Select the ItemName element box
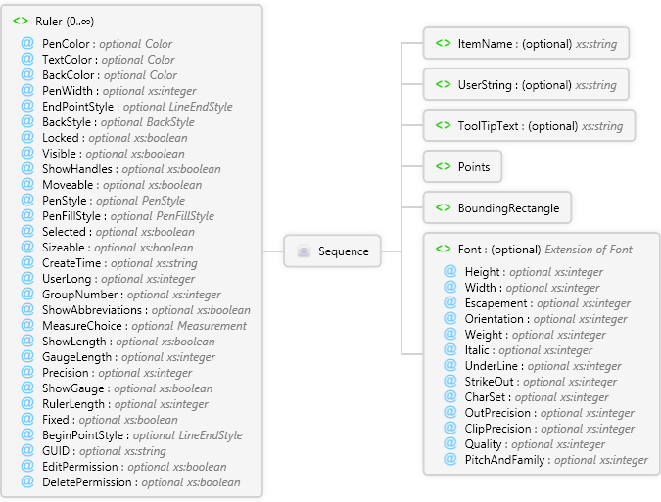(526, 43)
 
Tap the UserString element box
(526, 85)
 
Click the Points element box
(462, 167)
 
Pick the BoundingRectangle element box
(496, 208)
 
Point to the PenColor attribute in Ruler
(69, 44)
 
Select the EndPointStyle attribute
(79, 107)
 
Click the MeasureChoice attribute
(82, 326)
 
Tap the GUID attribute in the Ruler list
(58, 451)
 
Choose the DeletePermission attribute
(89, 482)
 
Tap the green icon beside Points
(443, 167)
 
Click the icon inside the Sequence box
(303, 251)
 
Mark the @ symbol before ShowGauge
(27, 388)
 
